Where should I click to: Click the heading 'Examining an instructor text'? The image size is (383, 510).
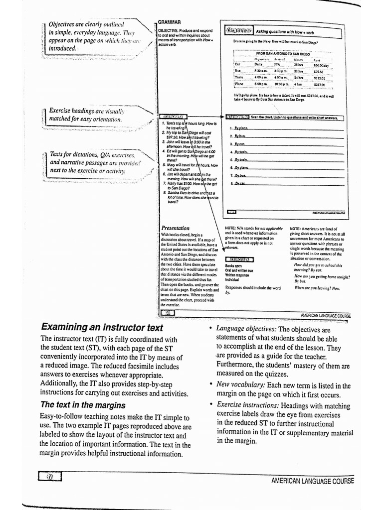[x=102, y=327]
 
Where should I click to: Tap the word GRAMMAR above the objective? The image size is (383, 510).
[x=169, y=22]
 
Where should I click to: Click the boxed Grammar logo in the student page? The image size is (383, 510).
[x=239, y=31]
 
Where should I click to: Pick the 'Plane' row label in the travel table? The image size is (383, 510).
[x=239, y=84]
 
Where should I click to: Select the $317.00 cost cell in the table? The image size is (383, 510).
[x=319, y=85]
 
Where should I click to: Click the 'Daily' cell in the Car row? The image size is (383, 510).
[x=258, y=64]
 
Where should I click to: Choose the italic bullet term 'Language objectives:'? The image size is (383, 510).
[x=246, y=329]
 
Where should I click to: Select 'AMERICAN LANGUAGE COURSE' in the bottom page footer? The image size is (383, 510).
[x=312, y=481]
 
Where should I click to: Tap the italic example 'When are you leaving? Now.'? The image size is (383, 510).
[x=317, y=288]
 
